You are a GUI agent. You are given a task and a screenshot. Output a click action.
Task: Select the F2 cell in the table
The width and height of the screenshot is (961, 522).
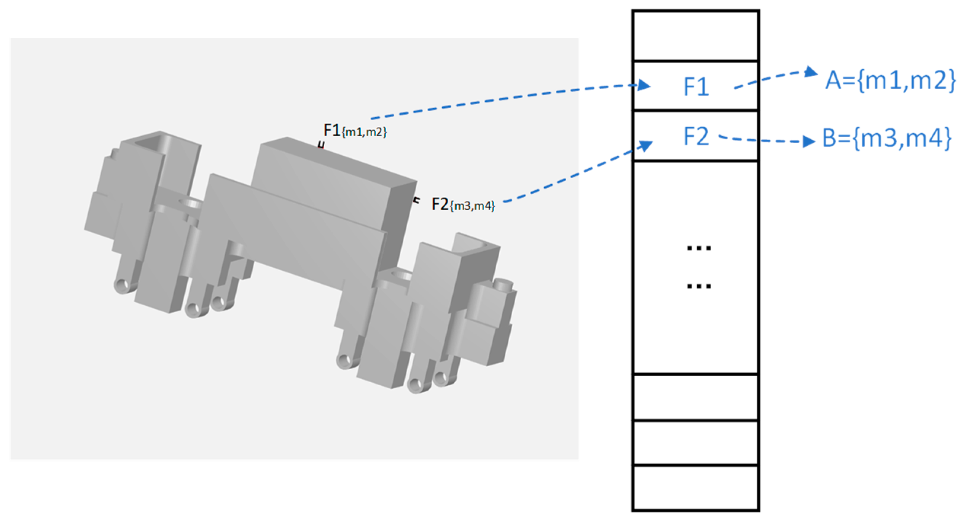(696, 136)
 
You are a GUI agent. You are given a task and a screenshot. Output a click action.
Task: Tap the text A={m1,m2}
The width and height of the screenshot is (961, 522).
(890, 80)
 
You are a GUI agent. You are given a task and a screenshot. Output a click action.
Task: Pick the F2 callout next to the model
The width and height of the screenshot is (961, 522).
(440, 204)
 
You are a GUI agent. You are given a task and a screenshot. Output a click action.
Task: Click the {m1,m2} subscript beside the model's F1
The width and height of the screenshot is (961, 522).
(364, 132)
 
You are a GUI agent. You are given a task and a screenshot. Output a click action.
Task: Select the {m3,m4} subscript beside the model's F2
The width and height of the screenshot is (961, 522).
(472, 206)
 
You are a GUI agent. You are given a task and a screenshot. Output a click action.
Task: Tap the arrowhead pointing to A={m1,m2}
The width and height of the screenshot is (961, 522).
(811, 72)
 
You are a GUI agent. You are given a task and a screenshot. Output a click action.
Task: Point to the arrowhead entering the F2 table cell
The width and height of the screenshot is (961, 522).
(645, 145)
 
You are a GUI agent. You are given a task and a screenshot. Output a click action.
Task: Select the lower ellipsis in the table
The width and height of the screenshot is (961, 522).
(699, 286)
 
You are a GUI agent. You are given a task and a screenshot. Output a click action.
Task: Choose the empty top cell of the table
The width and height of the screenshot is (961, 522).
(696, 35)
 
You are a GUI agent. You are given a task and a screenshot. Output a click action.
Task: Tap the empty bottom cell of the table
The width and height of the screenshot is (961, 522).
(696, 487)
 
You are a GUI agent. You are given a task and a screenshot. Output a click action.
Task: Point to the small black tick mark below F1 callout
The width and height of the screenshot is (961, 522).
(322, 145)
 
